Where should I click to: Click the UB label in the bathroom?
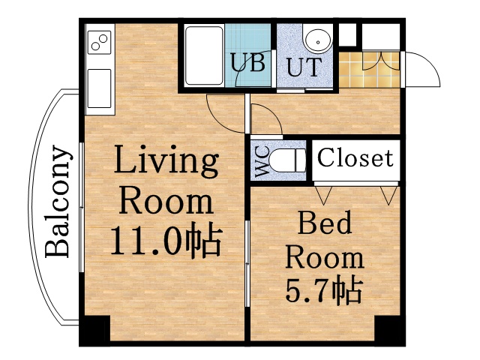[x=248, y=63]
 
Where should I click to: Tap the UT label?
[x=302, y=67]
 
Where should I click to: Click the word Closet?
[x=355, y=158]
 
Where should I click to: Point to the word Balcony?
[x=60, y=202]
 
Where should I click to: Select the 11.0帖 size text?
[x=165, y=241]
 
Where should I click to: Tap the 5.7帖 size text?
[x=323, y=289]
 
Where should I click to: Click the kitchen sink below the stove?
[x=99, y=87]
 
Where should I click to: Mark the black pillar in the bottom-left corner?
[x=94, y=331]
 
